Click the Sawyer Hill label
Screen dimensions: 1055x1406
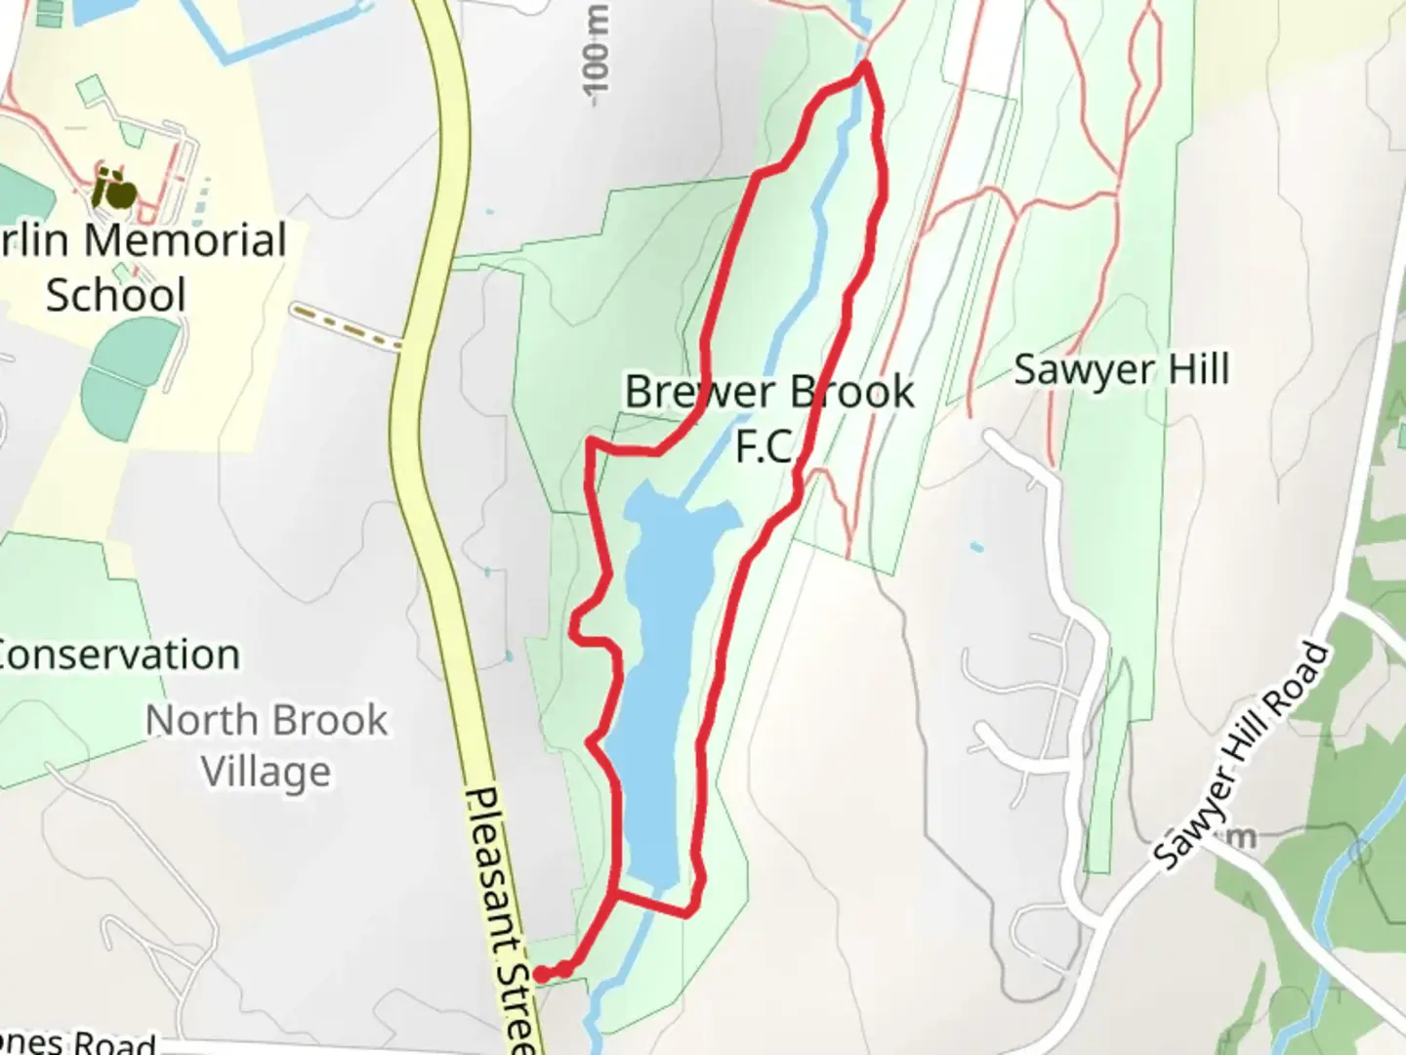coord(1121,370)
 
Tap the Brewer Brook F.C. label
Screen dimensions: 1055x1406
coord(769,418)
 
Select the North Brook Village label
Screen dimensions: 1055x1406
coord(267,746)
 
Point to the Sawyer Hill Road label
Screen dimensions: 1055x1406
coord(1242,757)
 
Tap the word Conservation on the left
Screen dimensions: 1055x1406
coord(120,655)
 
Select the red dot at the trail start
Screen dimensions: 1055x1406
coord(541,974)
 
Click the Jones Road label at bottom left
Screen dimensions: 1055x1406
coord(78,1042)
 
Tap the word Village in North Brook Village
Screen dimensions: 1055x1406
coord(267,773)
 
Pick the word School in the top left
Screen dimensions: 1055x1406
coord(115,295)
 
